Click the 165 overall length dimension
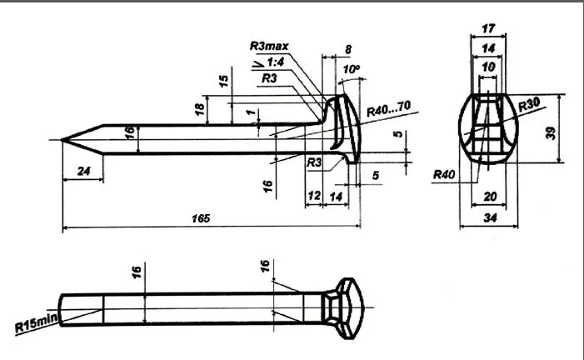click(200, 218)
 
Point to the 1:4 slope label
click(275, 62)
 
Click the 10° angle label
click(352, 68)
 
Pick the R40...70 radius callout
click(389, 106)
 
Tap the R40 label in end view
click(443, 174)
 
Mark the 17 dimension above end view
click(488, 28)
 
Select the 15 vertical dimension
click(223, 80)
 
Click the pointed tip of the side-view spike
click(64, 140)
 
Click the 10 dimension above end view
click(487, 66)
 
